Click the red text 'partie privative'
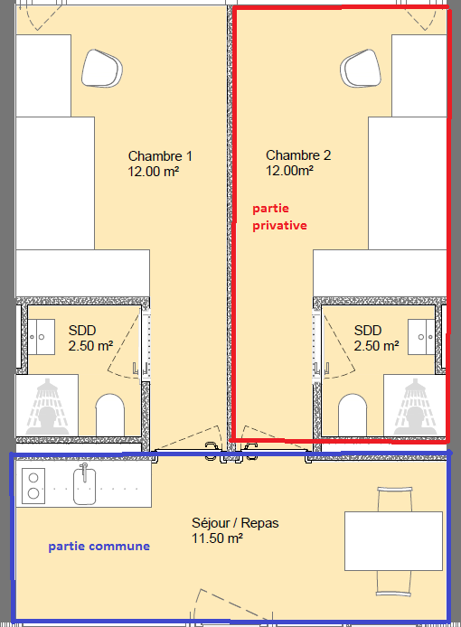click(x=279, y=217)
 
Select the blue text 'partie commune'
click(x=99, y=547)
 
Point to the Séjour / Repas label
click(x=235, y=523)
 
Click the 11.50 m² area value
click(x=217, y=538)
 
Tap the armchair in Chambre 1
click(x=102, y=68)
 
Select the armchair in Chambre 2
click(x=361, y=68)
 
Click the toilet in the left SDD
click(x=110, y=415)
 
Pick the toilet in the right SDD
click(x=353, y=415)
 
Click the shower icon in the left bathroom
click(x=47, y=407)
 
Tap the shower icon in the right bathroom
click(x=415, y=407)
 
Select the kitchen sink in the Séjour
click(x=84, y=484)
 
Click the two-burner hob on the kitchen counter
click(x=33, y=485)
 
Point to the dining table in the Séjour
click(x=393, y=540)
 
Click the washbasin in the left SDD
click(x=41, y=337)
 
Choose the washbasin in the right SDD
click(x=421, y=337)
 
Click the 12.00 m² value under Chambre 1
click(x=154, y=172)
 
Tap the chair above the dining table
click(x=395, y=499)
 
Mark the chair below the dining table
click(x=394, y=583)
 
